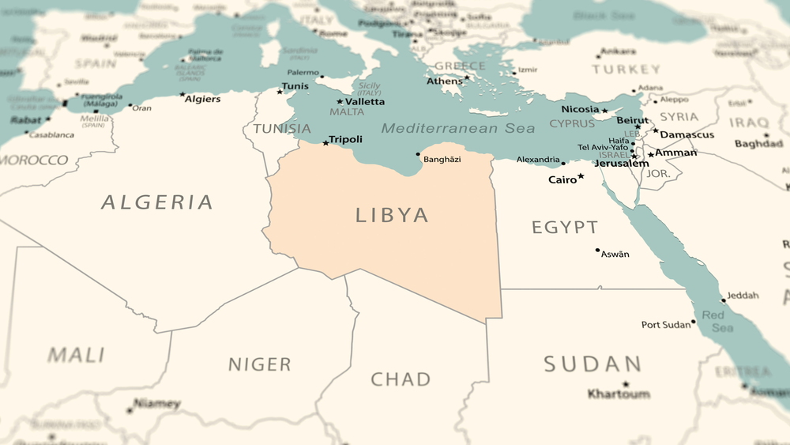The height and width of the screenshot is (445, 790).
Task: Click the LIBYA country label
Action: coord(392,215)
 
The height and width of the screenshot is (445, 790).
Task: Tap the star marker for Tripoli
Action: coord(325,143)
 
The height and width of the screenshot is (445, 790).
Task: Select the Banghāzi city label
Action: coord(442,160)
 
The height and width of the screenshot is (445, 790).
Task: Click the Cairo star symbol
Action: coord(581,176)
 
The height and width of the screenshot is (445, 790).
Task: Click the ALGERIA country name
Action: coord(157,202)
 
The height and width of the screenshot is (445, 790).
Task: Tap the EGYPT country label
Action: coord(564,228)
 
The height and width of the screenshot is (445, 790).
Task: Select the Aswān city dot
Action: coord(598,251)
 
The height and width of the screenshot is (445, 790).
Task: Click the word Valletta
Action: coord(365,102)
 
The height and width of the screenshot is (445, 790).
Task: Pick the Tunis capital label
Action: coord(295,86)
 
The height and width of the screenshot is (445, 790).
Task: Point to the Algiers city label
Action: coord(202,99)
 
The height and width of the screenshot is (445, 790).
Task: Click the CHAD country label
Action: coord(401,379)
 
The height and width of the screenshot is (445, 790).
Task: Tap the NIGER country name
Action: coord(260,364)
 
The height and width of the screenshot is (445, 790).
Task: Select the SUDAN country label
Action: coord(592,364)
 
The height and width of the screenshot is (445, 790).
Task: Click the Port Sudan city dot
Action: coord(694,322)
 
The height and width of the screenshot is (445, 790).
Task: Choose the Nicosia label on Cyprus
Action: coord(580,109)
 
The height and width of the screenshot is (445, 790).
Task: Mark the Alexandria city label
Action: coord(538,160)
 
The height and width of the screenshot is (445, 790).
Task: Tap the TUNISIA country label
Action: coord(282,129)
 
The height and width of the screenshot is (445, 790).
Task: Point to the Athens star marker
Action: coord(467,77)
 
